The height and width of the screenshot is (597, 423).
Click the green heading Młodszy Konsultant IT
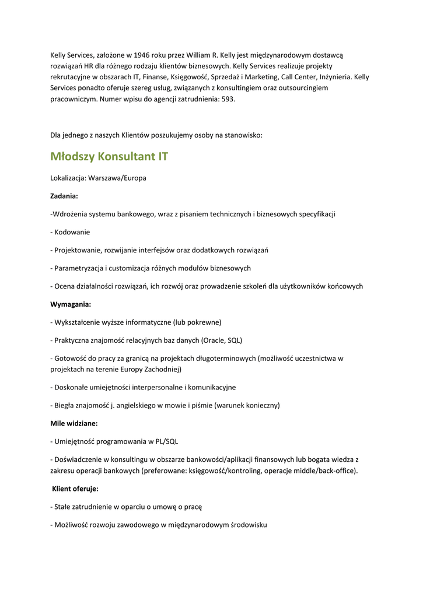(110, 157)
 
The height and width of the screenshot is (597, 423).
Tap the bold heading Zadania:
(64, 196)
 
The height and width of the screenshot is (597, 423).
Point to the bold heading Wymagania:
(71, 304)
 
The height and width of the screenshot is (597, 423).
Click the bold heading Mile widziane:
(74, 423)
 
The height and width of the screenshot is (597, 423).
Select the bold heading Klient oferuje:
(75, 489)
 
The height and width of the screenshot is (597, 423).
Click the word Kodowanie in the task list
(72, 232)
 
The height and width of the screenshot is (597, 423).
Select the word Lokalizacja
(68, 178)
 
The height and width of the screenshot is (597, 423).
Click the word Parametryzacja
(79, 268)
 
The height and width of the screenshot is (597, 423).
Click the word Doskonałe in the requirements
(71, 387)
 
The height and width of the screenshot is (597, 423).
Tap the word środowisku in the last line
(246, 525)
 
